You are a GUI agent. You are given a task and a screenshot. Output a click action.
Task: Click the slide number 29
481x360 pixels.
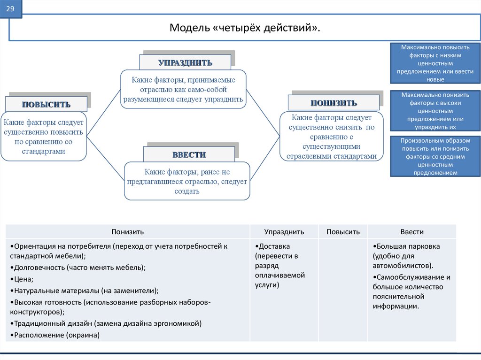click(10, 8)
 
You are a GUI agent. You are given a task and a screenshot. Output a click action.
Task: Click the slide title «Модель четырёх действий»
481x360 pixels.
click(244, 28)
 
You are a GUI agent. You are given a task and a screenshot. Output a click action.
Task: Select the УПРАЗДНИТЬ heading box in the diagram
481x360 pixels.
click(185, 62)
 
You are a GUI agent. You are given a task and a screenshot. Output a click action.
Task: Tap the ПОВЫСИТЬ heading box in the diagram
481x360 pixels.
click(47, 104)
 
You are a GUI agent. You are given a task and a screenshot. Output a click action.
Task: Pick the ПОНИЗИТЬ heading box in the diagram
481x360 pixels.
click(334, 103)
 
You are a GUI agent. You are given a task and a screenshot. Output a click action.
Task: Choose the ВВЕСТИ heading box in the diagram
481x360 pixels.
click(189, 154)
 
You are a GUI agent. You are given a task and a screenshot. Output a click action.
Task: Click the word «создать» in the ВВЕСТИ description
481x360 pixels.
click(187, 191)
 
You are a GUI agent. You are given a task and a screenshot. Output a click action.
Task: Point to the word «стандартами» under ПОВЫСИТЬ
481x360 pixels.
click(44, 152)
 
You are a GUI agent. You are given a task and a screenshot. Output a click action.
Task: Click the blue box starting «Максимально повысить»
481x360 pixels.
click(435, 63)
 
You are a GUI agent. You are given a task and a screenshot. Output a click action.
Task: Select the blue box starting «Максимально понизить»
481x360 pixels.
click(435, 111)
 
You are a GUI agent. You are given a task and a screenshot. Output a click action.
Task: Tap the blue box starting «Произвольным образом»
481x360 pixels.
click(435, 156)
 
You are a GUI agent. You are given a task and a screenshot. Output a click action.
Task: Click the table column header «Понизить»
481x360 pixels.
click(128, 232)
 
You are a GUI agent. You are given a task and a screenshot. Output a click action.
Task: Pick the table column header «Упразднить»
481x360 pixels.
click(284, 232)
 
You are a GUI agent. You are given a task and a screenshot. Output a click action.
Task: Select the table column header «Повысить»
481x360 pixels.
click(343, 232)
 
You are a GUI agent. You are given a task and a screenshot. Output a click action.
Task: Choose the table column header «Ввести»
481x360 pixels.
click(412, 232)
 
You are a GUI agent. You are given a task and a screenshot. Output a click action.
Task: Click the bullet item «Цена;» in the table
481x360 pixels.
click(22, 279)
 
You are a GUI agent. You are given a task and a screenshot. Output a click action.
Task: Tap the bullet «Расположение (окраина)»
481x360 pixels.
click(55, 335)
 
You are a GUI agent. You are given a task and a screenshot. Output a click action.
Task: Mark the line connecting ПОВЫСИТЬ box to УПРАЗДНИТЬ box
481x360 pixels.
click(104, 113)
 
